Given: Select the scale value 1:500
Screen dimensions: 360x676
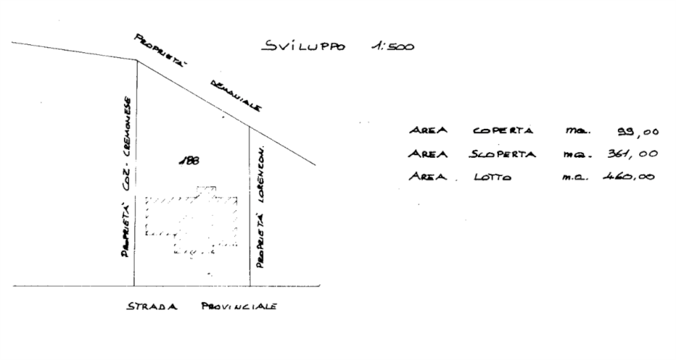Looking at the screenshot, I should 393,47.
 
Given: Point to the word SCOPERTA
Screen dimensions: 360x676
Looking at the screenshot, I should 503,154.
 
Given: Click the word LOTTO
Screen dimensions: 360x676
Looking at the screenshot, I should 492,177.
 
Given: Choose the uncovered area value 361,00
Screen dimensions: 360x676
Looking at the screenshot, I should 630,155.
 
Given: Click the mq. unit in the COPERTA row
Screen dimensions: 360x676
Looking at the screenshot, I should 573,131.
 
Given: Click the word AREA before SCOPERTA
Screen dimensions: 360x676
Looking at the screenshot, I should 428,154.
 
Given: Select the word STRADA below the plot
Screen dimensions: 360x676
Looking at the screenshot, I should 152,307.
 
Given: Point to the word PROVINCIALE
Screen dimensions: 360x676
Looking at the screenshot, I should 239,307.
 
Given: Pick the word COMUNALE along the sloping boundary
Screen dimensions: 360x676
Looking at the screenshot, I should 236,96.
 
